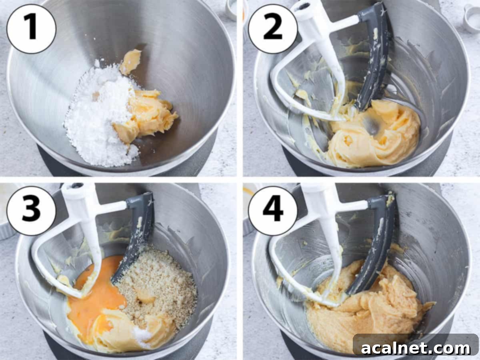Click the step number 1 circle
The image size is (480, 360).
click(31, 28)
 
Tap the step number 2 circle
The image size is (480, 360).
click(273, 28)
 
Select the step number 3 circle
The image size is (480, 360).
click(31, 211)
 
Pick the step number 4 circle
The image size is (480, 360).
click(273, 211)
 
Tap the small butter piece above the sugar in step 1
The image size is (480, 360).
click(131, 61)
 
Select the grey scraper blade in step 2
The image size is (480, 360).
click(374, 60)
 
